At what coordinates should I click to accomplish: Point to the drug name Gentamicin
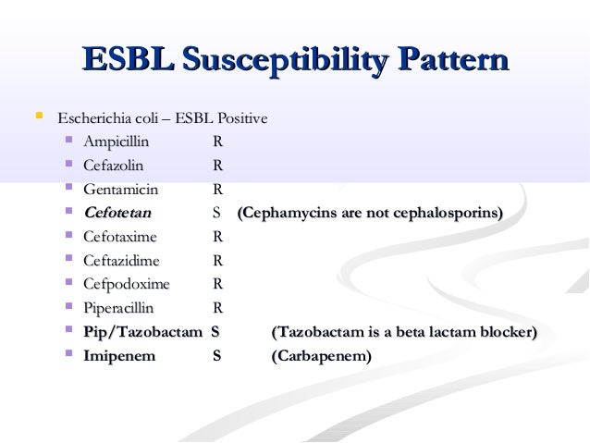click(x=120, y=190)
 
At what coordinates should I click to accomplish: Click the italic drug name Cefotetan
click(x=117, y=214)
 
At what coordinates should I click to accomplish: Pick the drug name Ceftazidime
click(x=121, y=261)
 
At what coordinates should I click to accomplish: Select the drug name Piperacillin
click(x=118, y=308)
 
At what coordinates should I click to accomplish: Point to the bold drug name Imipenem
click(x=119, y=355)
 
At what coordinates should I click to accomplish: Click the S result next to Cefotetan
click(x=215, y=214)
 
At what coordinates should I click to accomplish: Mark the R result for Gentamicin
click(x=216, y=190)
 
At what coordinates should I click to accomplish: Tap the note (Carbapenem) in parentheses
click(x=320, y=355)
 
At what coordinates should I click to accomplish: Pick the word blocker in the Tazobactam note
click(x=506, y=332)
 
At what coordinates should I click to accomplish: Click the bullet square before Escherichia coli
click(x=39, y=117)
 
